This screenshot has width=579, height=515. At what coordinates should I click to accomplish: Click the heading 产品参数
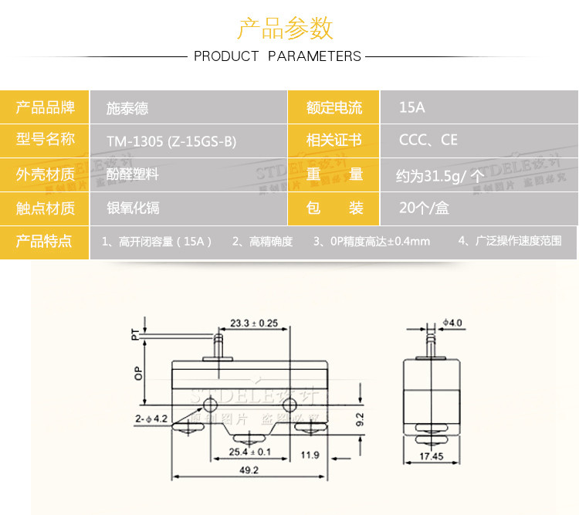285,28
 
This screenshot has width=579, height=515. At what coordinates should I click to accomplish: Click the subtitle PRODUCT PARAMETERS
277,56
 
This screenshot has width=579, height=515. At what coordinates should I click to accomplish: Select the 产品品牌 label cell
46,107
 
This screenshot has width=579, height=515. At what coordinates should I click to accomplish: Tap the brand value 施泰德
127,108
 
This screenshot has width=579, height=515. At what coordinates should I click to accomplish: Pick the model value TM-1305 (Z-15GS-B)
171,141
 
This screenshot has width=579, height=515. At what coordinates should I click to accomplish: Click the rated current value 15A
411,107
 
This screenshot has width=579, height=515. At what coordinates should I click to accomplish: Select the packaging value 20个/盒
424,208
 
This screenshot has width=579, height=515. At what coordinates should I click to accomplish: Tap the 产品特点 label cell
46,241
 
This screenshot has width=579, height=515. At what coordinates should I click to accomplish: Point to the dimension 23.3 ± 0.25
254,323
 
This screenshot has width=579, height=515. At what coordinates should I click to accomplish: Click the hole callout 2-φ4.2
151,418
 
